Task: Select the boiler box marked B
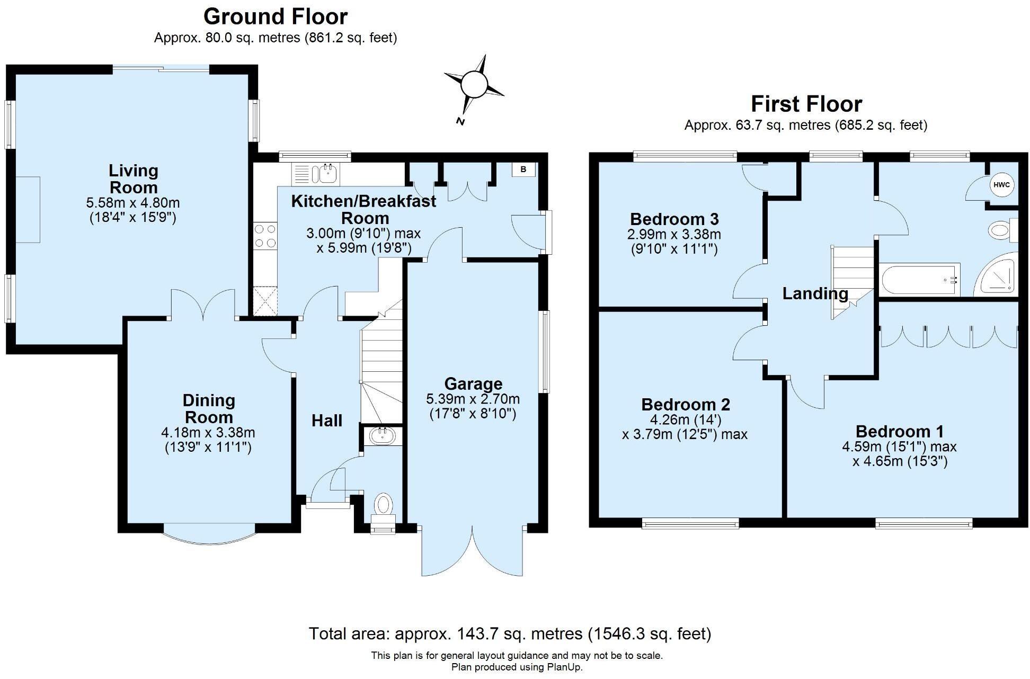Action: [523, 169]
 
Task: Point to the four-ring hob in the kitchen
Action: [265, 236]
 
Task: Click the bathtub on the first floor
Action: [920, 280]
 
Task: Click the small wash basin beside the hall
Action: [381, 436]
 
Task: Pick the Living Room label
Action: [134, 179]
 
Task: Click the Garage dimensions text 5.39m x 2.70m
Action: [473, 399]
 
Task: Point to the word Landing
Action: [815, 293]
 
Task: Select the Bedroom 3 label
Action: [674, 219]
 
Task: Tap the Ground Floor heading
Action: [276, 16]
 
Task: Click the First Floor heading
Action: [806, 104]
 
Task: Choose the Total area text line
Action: [510, 633]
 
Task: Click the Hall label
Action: [327, 421]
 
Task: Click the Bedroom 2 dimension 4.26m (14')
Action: [686, 420]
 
